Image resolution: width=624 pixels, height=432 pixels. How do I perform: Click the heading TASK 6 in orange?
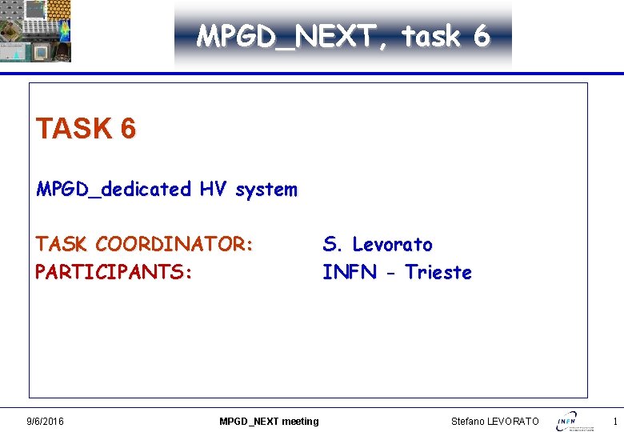[x=86, y=128]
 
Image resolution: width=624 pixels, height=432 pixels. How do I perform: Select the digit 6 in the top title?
[x=481, y=36]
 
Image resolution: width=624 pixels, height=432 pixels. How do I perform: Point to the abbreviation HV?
[x=213, y=190]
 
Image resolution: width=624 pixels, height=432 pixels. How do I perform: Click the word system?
[x=266, y=190]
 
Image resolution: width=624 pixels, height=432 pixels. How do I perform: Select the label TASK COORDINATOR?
[x=144, y=244]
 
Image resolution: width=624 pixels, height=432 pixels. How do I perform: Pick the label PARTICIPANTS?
[x=114, y=272]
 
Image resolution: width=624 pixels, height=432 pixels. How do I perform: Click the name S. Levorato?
[x=378, y=244]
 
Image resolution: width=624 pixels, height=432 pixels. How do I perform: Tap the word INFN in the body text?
[x=350, y=272]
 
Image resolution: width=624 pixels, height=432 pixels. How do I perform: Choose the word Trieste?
[x=438, y=272]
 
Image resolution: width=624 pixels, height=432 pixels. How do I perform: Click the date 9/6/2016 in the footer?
[x=46, y=421]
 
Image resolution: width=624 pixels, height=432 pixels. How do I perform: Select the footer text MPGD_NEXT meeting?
[x=269, y=421]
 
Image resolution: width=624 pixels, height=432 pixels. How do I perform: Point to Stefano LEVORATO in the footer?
[x=495, y=421]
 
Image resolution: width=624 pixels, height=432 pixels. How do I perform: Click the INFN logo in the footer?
[x=575, y=420]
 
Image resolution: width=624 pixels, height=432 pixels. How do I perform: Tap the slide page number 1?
[x=614, y=421]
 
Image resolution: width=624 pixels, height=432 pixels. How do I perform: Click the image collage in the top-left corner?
[x=36, y=31]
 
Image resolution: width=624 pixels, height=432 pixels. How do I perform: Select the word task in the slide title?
[x=430, y=36]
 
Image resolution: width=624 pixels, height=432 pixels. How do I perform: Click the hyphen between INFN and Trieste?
[x=391, y=273]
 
